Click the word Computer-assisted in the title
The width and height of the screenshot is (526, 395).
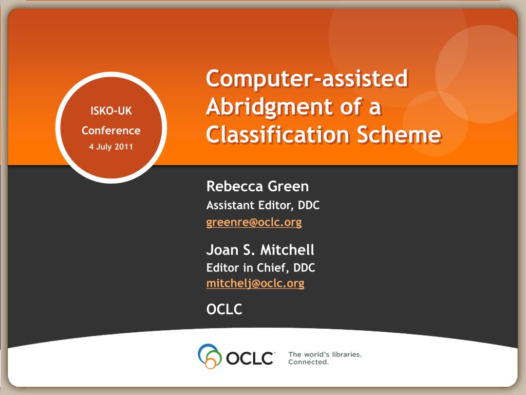(x=307, y=79)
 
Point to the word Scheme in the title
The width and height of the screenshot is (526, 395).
(x=399, y=134)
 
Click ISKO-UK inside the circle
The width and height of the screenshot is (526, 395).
(x=111, y=111)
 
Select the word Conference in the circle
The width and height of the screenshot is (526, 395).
(x=111, y=130)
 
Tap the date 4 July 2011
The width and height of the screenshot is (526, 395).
(x=111, y=147)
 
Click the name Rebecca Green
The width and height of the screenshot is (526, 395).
(x=257, y=186)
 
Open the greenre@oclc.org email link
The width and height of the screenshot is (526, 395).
(x=254, y=222)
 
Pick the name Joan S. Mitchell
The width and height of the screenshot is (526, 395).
(x=260, y=250)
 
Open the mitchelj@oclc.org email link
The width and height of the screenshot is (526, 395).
(x=255, y=283)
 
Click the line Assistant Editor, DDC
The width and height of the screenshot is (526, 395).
(x=263, y=205)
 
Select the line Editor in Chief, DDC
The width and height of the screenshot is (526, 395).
(x=260, y=267)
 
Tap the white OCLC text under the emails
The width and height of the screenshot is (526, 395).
(x=224, y=309)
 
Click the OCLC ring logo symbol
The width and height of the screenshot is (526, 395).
(x=210, y=356)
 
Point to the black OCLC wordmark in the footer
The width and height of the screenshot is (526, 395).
(x=250, y=358)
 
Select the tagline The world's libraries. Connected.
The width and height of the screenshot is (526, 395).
(x=325, y=358)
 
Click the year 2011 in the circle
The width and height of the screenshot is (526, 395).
(x=124, y=147)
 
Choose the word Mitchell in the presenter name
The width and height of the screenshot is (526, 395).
(x=288, y=250)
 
